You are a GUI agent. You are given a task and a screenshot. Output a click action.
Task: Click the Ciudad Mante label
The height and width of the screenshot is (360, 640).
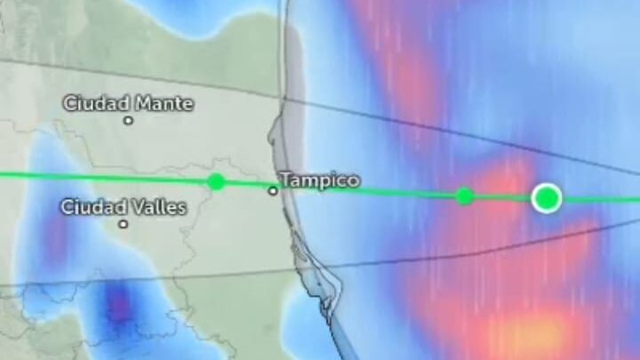[x=127, y=103]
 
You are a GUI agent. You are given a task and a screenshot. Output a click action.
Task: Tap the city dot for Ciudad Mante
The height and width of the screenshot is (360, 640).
[x=128, y=120]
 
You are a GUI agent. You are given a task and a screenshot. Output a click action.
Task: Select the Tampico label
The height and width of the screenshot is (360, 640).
[x=319, y=180]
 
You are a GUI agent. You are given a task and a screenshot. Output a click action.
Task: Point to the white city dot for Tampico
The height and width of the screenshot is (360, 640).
[x=273, y=190]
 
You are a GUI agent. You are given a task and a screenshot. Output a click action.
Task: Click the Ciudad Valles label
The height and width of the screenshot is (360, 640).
[x=124, y=207]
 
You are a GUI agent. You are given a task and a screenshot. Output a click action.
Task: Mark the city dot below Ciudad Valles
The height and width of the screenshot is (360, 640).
[x=124, y=224]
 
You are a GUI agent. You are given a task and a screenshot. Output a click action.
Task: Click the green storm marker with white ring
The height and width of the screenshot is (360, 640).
[x=547, y=197]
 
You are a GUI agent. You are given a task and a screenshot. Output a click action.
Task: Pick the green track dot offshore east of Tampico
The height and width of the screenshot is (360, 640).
[x=464, y=196]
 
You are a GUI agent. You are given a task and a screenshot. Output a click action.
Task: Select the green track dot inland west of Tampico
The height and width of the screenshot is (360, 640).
[x=216, y=181]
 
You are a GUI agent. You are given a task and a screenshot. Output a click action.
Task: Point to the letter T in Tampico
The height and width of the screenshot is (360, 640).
[x=284, y=180]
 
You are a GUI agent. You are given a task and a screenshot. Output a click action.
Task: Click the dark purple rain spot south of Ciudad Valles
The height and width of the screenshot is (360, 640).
[x=119, y=307]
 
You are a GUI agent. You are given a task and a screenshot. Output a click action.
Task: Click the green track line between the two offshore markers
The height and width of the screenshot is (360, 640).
[x=504, y=197]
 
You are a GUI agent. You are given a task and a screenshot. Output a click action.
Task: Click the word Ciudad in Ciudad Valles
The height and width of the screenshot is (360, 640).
[x=92, y=207]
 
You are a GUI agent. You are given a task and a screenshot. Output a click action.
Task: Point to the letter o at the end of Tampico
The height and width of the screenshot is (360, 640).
[x=354, y=180]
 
